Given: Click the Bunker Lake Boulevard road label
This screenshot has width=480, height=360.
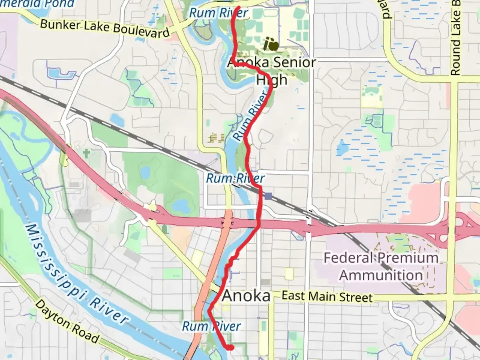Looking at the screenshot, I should pos(105,28).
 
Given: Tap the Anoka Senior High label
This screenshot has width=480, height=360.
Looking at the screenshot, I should pos(272,71).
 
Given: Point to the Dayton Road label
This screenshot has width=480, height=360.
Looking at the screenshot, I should pos(67,322).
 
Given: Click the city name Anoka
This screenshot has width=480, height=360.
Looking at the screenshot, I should pos(246,296).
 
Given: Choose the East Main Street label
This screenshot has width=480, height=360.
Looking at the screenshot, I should pos(327,296).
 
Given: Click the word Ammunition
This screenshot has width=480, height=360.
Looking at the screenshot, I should pos(381,275).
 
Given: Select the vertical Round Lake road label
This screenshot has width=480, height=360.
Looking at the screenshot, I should pos(455,38).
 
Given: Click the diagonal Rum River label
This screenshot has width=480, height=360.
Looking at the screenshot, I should pos(251,117).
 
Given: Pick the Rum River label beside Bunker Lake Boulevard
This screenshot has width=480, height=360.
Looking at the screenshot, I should pos(218,13).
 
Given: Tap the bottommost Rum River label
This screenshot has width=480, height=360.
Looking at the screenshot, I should pos(211,326).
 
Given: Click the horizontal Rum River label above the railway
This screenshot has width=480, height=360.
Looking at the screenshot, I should pos(235,178).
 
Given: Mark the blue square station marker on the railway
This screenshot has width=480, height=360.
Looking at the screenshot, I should pos(268,196).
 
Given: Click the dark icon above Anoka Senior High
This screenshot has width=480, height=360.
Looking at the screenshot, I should pos(271,44).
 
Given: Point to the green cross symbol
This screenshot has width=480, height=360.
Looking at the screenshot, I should pos(86,154).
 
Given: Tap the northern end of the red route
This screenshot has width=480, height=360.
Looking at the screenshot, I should pos(239,7).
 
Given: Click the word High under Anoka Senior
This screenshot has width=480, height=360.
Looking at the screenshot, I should pos(271,80).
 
